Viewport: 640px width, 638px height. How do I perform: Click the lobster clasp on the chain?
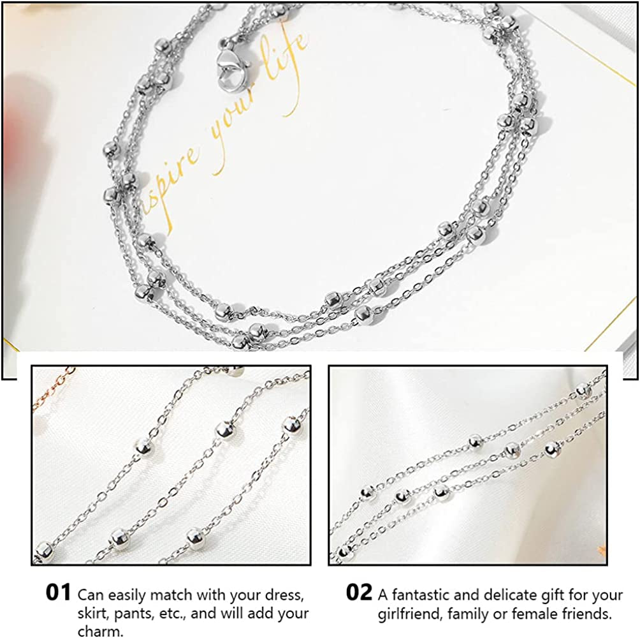(x=228, y=68)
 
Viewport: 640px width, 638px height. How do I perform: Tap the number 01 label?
(x=58, y=592)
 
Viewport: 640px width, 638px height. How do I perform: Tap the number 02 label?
(x=359, y=592)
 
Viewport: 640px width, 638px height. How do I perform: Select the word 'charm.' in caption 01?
(x=99, y=632)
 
